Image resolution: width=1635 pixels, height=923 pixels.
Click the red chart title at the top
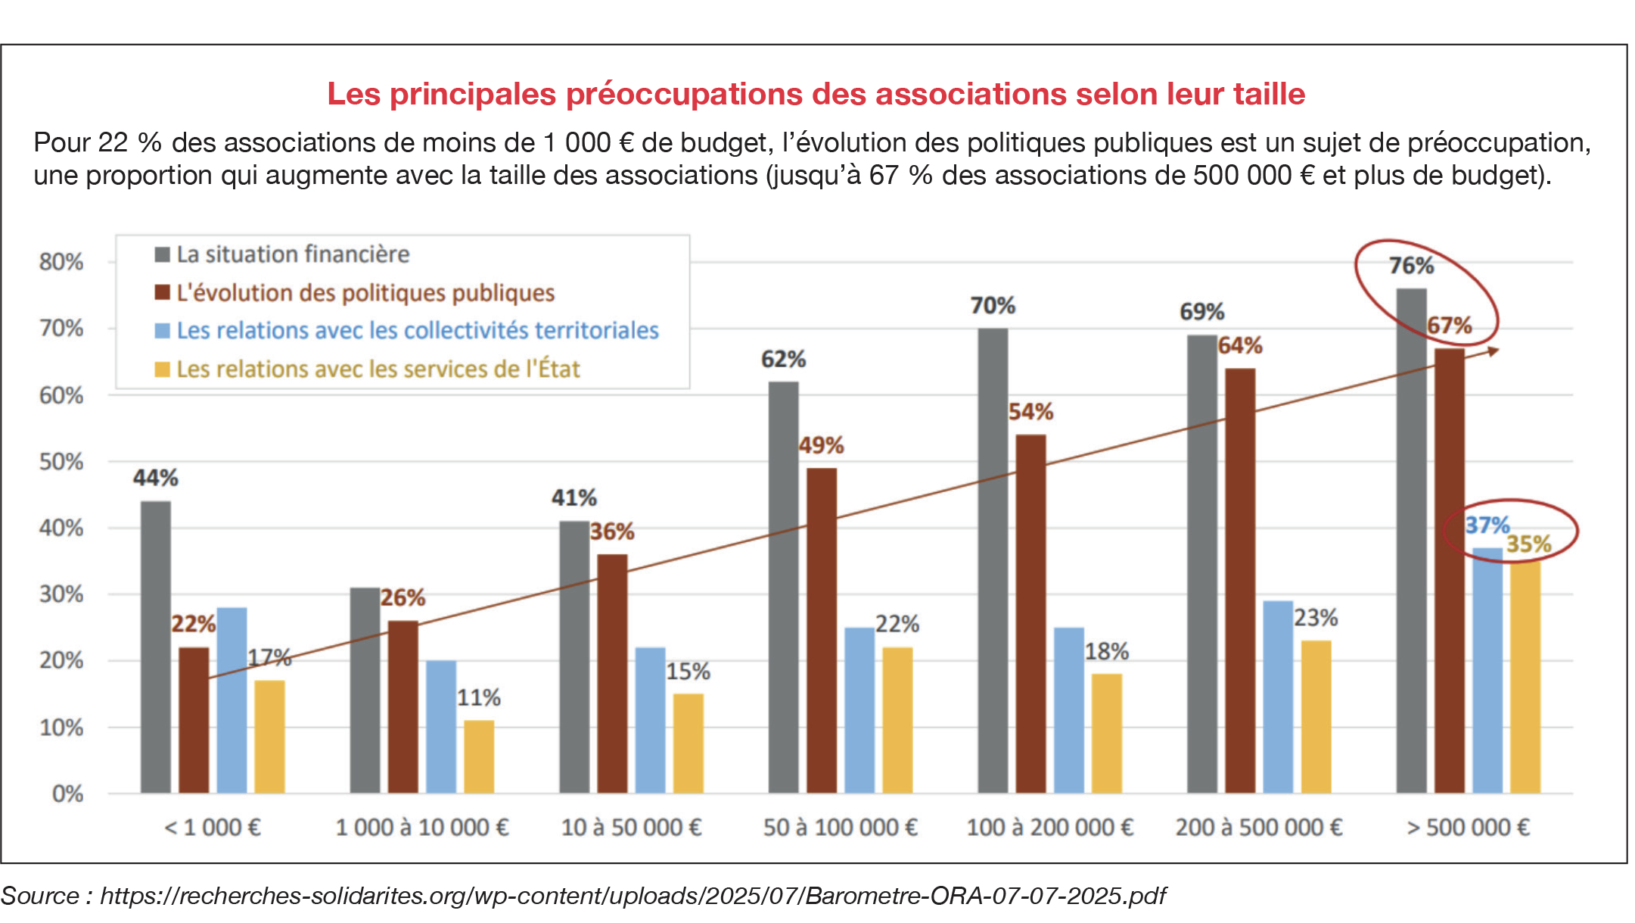point(816,94)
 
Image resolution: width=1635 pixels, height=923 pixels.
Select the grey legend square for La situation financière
point(162,254)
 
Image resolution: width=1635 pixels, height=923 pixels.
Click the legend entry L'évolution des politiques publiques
point(365,293)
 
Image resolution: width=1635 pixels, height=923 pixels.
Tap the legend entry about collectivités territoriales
point(417,331)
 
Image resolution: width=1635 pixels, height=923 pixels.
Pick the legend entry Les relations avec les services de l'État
point(378,370)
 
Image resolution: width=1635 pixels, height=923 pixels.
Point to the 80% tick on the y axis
point(61,262)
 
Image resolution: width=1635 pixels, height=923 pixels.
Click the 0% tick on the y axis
point(67,794)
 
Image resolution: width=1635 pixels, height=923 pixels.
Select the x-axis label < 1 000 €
point(213,827)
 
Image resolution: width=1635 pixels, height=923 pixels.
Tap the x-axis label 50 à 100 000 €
point(840,827)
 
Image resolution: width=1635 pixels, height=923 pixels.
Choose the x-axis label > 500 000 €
point(1468,827)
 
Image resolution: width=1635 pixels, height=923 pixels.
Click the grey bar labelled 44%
point(156,647)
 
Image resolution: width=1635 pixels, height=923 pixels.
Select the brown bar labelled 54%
point(1030,613)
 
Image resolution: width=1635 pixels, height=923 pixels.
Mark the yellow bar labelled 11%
point(479,756)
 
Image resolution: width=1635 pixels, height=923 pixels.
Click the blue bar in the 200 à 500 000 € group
point(1278,697)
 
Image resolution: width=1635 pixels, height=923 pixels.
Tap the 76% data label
point(1411,266)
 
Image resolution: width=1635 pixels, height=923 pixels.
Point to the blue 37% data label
point(1487,525)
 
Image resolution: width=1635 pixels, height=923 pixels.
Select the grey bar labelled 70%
point(993,560)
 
